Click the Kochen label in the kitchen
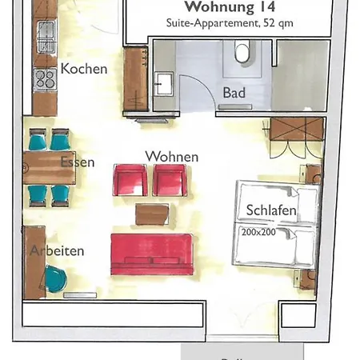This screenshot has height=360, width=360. coord(83,69)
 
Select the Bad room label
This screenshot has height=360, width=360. coord(234,94)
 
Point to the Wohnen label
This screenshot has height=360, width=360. coord(171,156)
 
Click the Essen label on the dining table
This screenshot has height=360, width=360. coord(77,162)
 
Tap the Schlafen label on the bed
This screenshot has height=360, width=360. coord(272,210)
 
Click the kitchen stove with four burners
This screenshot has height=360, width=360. coord(45,78)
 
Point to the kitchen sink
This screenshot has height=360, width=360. coord(45,34)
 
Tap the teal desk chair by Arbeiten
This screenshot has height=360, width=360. coord(55,278)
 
